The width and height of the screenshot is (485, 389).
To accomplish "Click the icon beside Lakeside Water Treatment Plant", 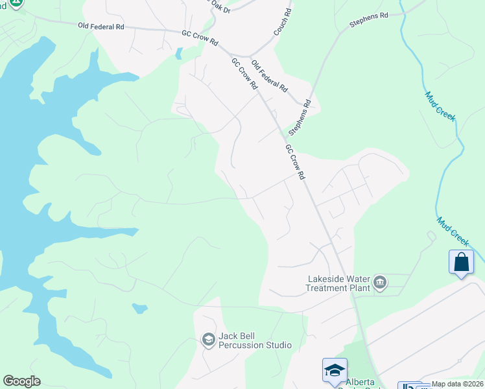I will tap(380, 282).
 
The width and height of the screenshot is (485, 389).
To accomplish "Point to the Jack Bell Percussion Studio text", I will tap(255, 340).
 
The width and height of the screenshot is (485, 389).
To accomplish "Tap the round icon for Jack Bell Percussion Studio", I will tap(208, 340).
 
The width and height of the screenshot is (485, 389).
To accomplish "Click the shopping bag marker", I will tap(461, 262).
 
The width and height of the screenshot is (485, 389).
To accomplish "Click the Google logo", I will tap(21, 381).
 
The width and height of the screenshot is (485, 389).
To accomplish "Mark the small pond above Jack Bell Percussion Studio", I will tap(139, 307).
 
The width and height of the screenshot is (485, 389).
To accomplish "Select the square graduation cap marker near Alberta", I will tap(335, 370).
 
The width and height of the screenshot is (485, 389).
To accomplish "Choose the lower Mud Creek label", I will tap(452, 230).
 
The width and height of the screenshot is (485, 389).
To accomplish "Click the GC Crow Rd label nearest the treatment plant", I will tap(294, 162).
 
